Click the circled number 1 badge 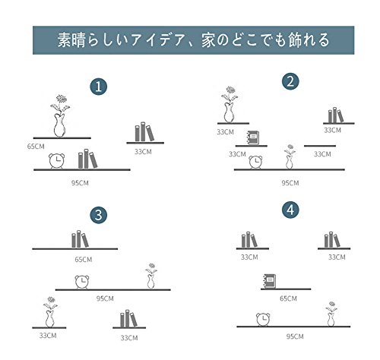99,87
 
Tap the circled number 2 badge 290,81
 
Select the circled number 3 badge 99,215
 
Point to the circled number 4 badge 290,210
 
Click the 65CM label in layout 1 36,147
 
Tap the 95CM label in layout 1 80,183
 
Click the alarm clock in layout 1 57,161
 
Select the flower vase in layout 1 60,116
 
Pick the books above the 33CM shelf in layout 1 144,131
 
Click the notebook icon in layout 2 252,137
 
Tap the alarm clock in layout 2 255,162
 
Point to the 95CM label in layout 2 290,183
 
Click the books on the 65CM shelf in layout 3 80,239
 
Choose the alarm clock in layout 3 82,282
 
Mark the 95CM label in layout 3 105,298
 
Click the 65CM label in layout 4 288,298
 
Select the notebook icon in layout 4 270,281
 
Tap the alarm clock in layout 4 263,320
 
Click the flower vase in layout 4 331,314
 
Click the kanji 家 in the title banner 208,40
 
